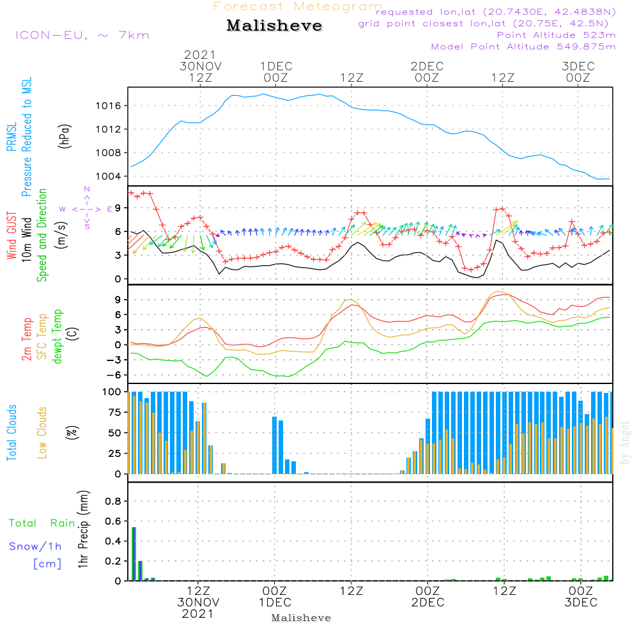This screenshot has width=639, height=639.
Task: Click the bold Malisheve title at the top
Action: pyautogui.click(x=274, y=26)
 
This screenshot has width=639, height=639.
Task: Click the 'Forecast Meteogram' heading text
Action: pyautogui.click(x=298, y=6)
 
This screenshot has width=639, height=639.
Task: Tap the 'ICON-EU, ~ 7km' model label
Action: pyautogui.click(x=82, y=35)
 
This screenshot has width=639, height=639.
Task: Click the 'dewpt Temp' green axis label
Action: pyautogui.click(x=57, y=336)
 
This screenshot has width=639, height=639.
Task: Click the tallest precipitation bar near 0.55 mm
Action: pyautogui.click(x=134, y=553)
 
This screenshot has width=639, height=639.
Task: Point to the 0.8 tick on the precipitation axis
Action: pyautogui.click(x=112, y=501)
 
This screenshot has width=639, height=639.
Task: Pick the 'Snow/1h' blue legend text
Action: pyautogui.click(x=35, y=546)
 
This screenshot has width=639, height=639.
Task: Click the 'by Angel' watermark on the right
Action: pyautogui.click(x=625, y=443)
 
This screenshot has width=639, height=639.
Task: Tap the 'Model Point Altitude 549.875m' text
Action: pyautogui.click(x=523, y=47)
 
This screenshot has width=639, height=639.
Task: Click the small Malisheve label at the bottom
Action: pyautogui.click(x=302, y=618)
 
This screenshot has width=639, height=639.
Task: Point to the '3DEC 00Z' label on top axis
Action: pyautogui.click(x=578, y=72)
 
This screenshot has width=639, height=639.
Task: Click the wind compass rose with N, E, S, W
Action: pyautogui.click(x=86, y=208)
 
